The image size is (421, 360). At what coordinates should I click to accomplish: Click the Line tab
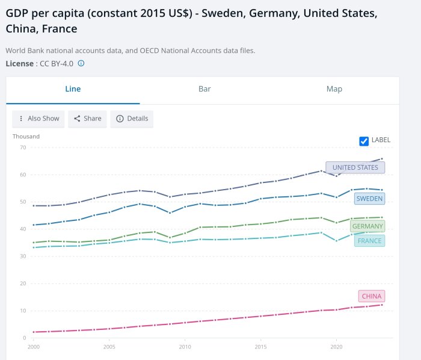pyautogui.click(x=73, y=89)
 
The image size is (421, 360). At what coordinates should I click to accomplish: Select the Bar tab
pyautogui.click(x=204, y=89)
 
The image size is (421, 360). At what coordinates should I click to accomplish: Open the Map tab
pyautogui.click(x=334, y=89)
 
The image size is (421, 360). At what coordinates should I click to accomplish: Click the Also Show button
pyautogui.click(x=39, y=119)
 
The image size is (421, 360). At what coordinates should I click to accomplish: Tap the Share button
pyautogui.click(x=87, y=119)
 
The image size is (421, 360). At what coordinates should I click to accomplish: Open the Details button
pyautogui.click(x=132, y=119)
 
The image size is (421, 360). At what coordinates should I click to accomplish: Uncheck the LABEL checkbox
pyautogui.click(x=364, y=141)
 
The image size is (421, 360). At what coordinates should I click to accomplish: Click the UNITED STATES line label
pyautogui.click(x=355, y=167)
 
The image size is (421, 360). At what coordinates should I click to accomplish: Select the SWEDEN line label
pyautogui.click(x=369, y=198)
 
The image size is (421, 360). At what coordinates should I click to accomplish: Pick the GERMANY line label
pyautogui.click(x=367, y=226)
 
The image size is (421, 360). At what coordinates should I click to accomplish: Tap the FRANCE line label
pyautogui.click(x=369, y=241)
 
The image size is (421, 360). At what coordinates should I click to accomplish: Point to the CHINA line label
pyautogui.click(x=371, y=296)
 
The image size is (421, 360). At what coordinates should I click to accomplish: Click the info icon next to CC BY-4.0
pyautogui.click(x=81, y=63)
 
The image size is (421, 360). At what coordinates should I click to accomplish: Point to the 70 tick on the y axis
pyautogui.click(x=22, y=147)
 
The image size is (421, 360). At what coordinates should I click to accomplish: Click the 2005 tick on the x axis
pyautogui.click(x=109, y=347)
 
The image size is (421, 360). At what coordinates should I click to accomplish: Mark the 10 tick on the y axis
pyautogui.click(x=22, y=311)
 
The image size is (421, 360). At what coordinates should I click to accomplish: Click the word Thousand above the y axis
pyautogui.click(x=26, y=137)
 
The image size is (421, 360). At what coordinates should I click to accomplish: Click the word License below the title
pyautogui.click(x=20, y=63)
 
